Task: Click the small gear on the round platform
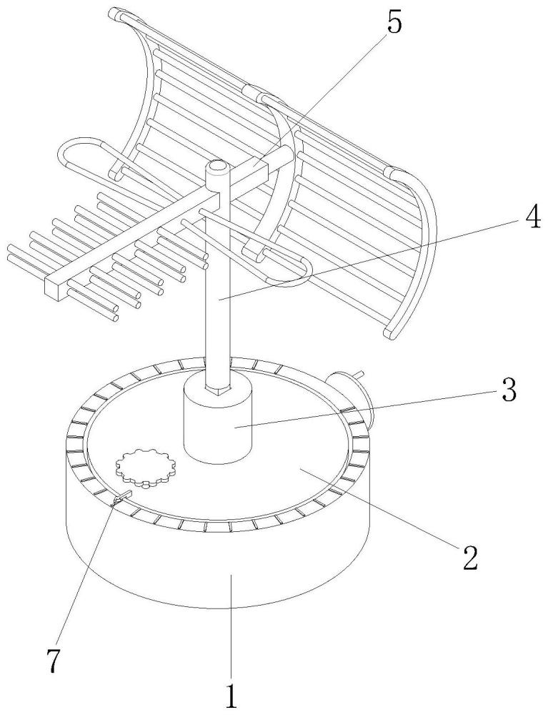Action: pos(146,468)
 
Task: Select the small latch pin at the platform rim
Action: pos(121,498)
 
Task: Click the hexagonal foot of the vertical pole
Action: pos(217,388)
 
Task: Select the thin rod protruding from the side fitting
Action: pos(360,375)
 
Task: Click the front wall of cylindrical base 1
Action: pos(219,561)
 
